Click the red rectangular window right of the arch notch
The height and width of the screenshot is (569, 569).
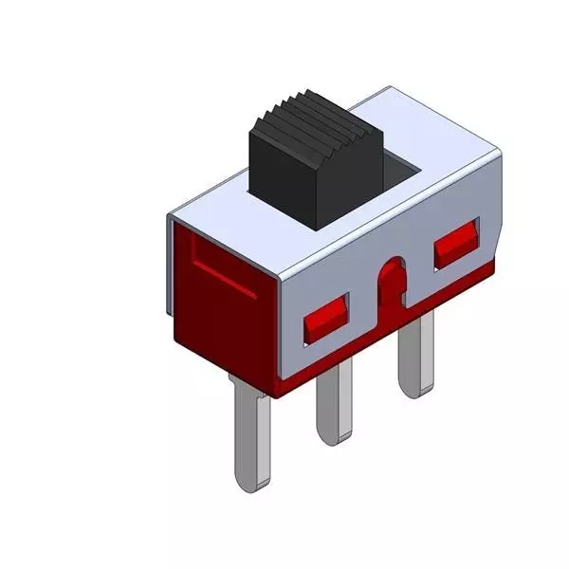pyautogui.click(x=456, y=245)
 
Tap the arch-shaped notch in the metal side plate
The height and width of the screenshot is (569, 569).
pyautogui.click(x=391, y=284)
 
